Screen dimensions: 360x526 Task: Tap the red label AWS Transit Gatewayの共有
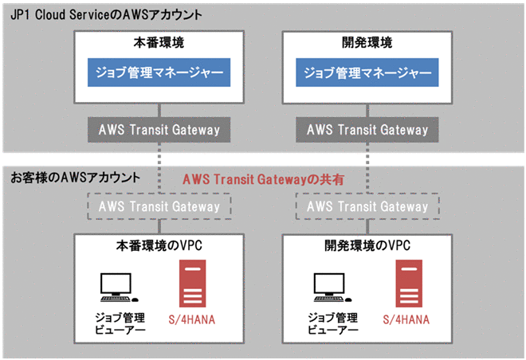tap(263, 180)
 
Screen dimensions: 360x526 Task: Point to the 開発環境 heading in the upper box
tap(367, 43)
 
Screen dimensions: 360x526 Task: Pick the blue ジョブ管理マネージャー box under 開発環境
tap(367, 74)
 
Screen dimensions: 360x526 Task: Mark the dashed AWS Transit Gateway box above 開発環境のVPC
tap(367, 206)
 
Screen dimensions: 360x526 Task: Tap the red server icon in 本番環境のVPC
tap(190, 286)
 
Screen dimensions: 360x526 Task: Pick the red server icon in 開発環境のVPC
tap(402, 286)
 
